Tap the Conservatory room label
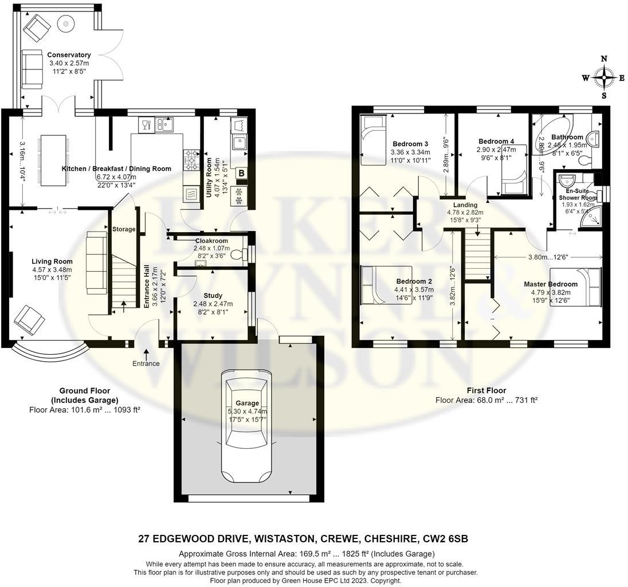[x=69, y=55]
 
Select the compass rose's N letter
[x=603, y=58]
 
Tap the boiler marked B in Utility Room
[x=241, y=173]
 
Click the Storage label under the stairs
[x=124, y=229]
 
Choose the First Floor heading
[x=486, y=390]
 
